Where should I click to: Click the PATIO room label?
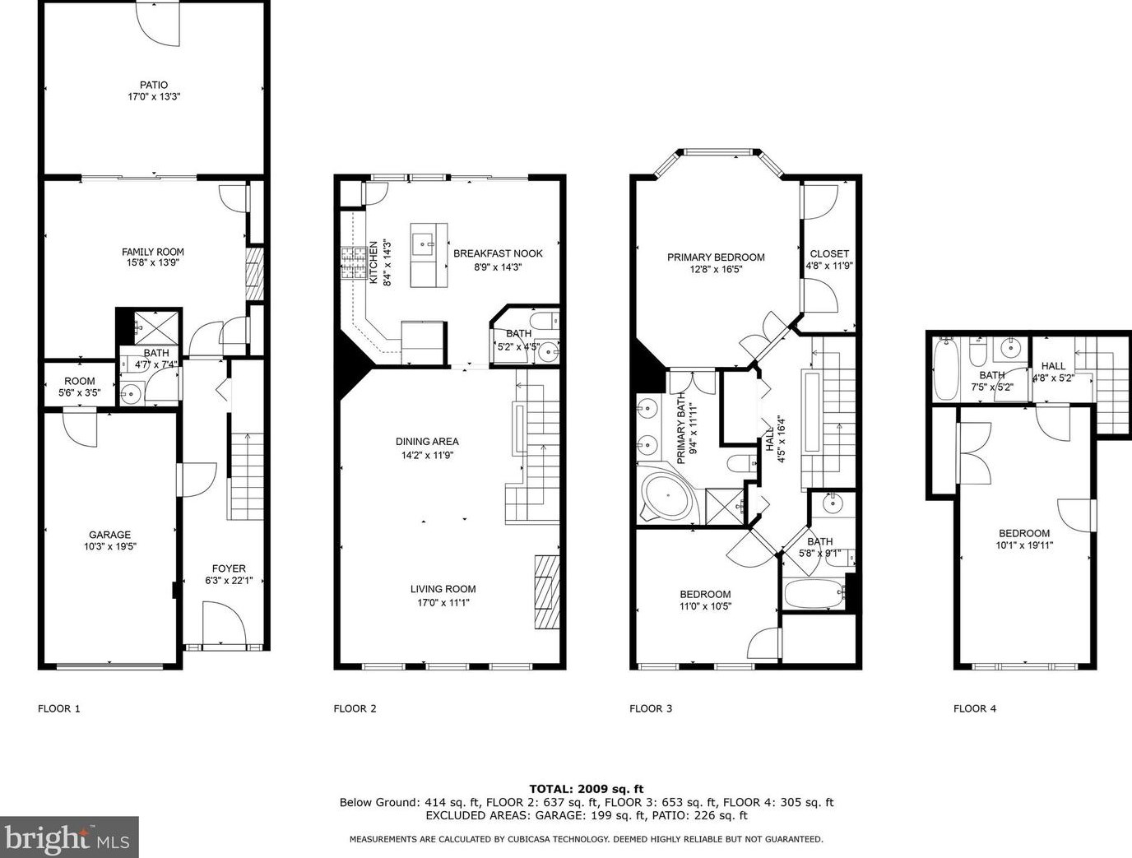point(153,85)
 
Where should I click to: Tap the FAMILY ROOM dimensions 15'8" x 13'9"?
point(153,264)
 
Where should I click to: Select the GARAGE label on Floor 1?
point(109,535)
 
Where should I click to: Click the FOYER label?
point(229,568)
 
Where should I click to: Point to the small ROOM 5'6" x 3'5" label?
point(80,381)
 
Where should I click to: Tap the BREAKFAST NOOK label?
point(498,253)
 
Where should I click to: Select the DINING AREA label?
point(427,442)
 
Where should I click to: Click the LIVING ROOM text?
point(443,589)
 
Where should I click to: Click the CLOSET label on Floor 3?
point(829,254)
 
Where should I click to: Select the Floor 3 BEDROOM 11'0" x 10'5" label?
point(705,595)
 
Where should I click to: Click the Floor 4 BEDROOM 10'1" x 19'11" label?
point(1024,533)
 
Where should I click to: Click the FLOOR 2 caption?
point(355,708)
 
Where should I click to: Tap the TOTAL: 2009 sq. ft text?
point(587,788)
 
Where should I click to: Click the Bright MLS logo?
point(70,838)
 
